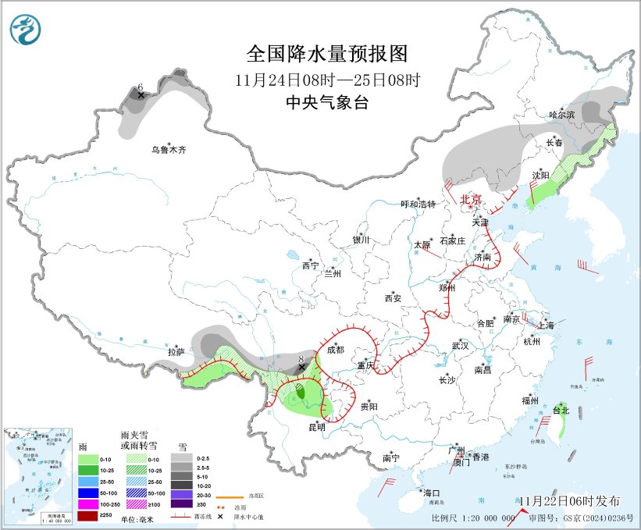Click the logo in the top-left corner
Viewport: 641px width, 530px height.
pos(26,30)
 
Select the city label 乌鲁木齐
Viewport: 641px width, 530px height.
pos(170,149)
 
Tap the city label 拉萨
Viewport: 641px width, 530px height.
pos(176,352)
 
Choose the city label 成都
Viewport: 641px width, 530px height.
pos(336,350)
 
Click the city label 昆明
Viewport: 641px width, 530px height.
pos(316,427)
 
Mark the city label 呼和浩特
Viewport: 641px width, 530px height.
pos(418,205)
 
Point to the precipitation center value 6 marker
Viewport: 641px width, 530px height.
pos(141,95)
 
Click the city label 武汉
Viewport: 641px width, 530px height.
pos(460,345)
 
